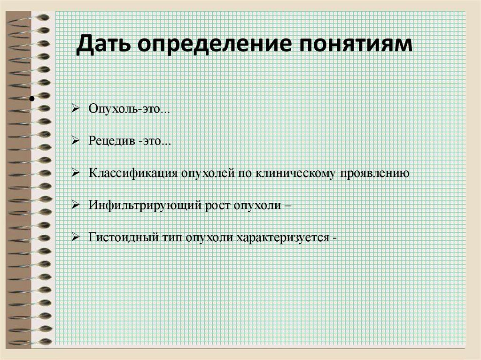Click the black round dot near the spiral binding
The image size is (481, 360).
coord(32,100)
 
